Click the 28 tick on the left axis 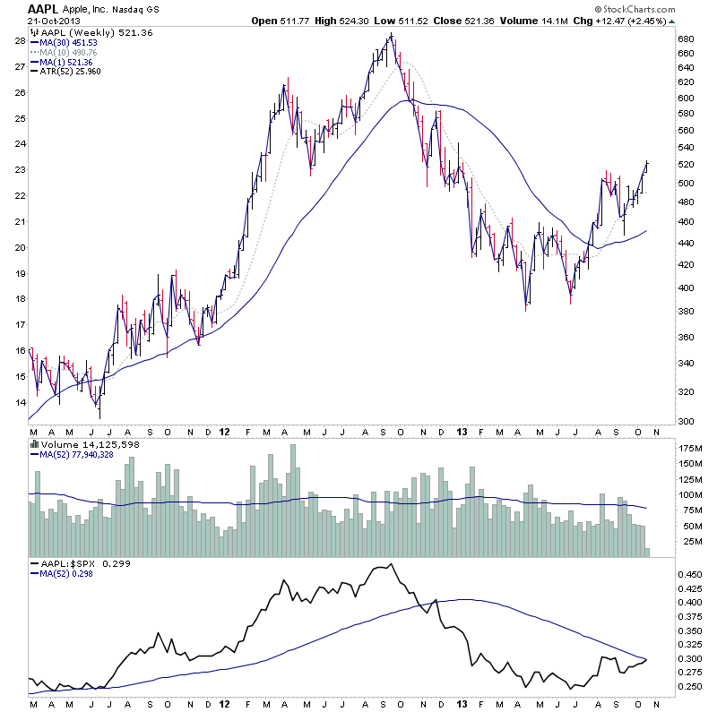click(19, 40)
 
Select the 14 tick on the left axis click(19, 403)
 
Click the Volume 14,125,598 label click(90, 444)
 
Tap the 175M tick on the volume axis click(689, 446)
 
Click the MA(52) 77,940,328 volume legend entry click(89, 454)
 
